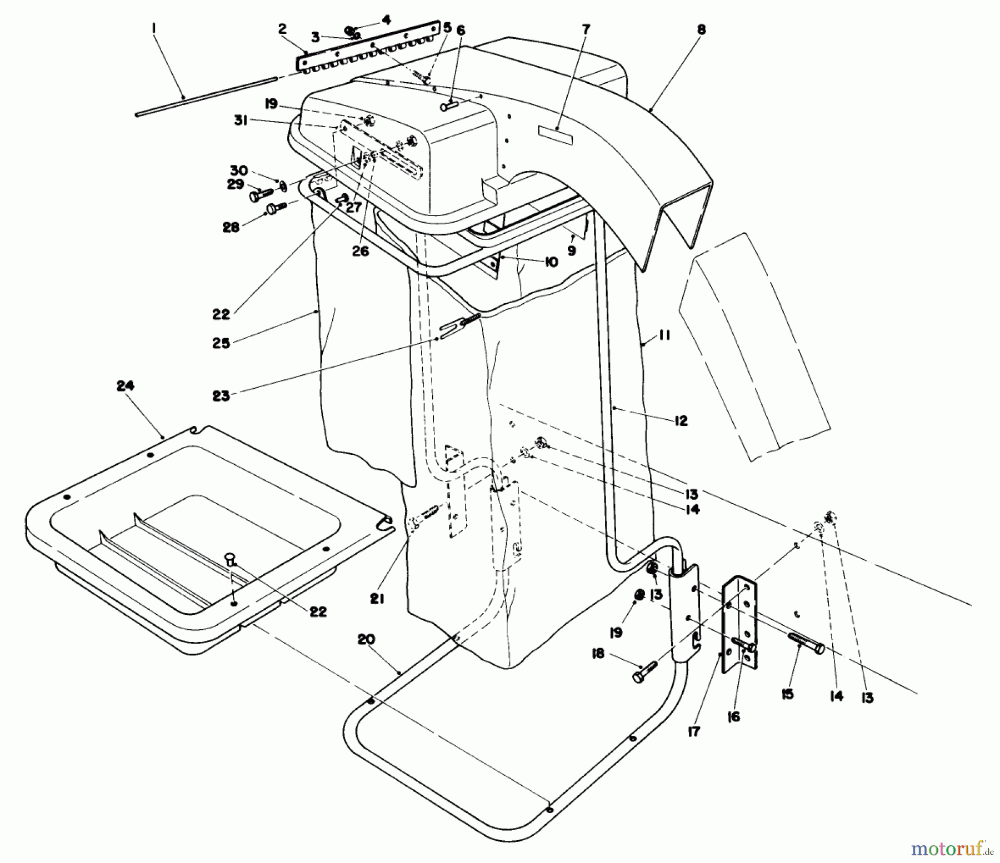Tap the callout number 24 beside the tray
point(126,385)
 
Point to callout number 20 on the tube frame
point(367,640)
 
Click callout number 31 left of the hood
point(241,121)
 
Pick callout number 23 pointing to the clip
point(221,397)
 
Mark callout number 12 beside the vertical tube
point(681,420)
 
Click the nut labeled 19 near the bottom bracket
point(639,595)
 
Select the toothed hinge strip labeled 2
point(367,51)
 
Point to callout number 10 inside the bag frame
point(551,262)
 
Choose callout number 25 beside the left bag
point(221,343)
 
